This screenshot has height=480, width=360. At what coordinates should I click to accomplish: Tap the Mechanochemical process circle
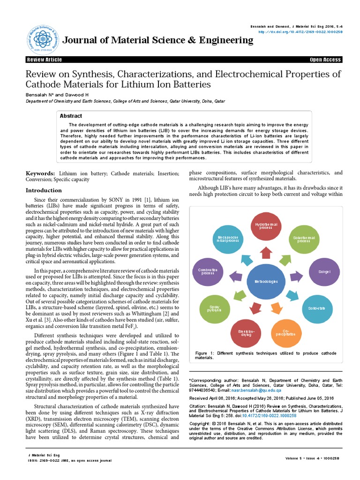pyautogui.click(x=228, y=239)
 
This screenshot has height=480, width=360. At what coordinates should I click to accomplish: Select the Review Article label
pyautogui.click(x=45, y=60)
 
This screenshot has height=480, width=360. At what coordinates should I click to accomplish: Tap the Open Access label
pyautogui.click(x=325, y=60)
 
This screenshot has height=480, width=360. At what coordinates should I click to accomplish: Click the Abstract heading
pyautogui.click(x=71, y=116)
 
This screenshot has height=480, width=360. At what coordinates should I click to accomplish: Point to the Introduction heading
pyautogui.click(x=44, y=190)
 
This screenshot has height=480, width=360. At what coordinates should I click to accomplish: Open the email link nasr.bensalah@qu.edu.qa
pyautogui.click(x=260, y=390)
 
